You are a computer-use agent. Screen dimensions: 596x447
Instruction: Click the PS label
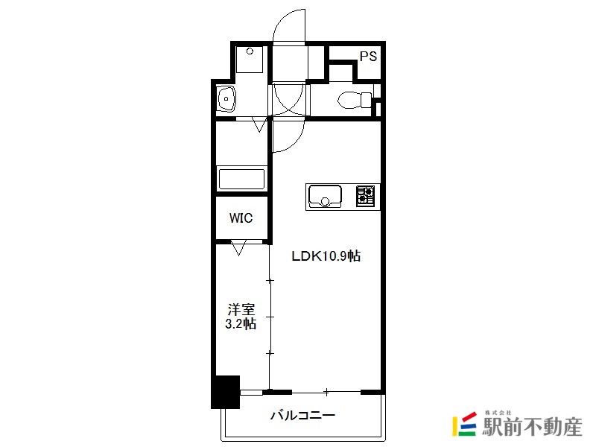(x=368, y=57)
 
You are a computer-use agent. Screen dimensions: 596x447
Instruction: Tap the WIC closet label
(x=241, y=218)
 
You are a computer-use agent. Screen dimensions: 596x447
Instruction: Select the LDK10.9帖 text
(x=326, y=256)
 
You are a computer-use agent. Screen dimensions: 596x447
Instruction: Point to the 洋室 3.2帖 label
(x=241, y=316)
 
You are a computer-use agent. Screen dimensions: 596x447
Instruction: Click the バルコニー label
(x=302, y=415)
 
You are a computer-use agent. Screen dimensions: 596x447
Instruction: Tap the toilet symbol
(x=355, y=100)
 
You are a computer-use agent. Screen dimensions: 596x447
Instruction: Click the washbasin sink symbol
(x=226, y=99)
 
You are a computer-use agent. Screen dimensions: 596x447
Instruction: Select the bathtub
(x=241, y=179)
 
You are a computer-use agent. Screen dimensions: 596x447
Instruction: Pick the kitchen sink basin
(x=325, y=196)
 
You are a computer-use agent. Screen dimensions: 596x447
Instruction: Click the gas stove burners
(x=366, y=196)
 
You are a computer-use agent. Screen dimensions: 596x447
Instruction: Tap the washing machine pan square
(x=250, y=60)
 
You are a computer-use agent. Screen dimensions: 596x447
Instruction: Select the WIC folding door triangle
(x=238, y=248)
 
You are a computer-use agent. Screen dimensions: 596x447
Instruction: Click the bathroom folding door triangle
(x=259, y=124)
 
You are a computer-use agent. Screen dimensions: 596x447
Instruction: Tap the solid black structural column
(x=226, y=392)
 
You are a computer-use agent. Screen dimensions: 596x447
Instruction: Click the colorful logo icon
(x=464, y=423)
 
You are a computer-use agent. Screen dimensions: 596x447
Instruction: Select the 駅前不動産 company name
(x=532, y=426)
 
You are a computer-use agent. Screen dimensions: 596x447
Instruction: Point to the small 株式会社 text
(x=498, y=413)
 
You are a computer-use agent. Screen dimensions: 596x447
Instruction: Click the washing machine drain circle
(x=250, y=51)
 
